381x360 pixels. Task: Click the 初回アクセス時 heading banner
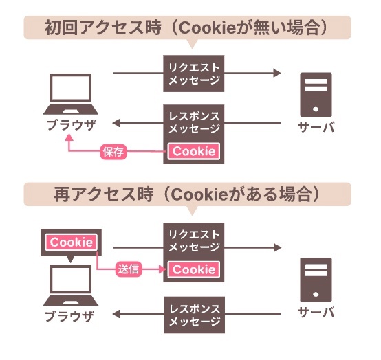(x=187, y=27)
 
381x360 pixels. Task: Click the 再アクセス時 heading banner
(x=187, y=194)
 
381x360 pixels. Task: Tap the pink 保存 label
(x=113, y=152)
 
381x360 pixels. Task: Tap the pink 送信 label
(x=129, y=269)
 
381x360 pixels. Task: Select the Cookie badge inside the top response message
(x=194, y=151)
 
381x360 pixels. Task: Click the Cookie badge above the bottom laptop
(x=72, y=243)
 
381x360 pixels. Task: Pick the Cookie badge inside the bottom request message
(x=194, y=269)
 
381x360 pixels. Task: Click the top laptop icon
(x=71, y=94)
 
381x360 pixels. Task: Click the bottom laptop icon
(x=71, y=286)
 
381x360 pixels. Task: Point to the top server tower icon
(x=316, y=95)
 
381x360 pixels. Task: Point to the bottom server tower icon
(x=316, y=280)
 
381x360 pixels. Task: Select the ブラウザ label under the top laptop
(x=71, y=126)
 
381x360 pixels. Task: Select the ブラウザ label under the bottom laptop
(x=69, y=317)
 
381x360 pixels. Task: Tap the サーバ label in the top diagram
(x=316, y=127)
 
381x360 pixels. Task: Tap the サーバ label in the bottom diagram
(x=316, y=313)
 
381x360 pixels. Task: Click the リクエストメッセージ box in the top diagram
(x=194, y=74)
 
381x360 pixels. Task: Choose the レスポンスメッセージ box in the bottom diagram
(x=194, y=315)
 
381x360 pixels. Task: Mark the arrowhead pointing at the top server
(x=277, y=73)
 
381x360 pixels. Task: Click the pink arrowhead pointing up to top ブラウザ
(x=69, y=137)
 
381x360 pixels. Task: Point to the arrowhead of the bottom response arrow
(x=116, y=314)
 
